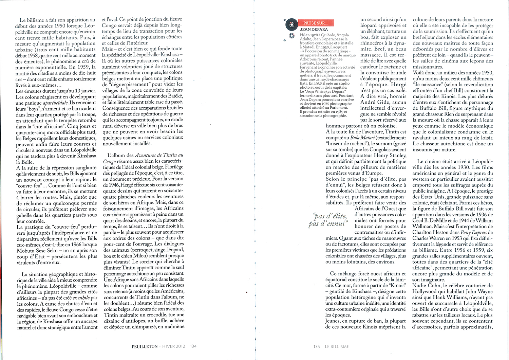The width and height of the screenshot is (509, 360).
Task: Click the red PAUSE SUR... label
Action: (315, 23)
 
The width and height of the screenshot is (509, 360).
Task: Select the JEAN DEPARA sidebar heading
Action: (314, 30)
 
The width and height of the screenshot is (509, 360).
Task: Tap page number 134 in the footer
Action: (193, 346)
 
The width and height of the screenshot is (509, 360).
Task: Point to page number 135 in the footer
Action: (317, 346)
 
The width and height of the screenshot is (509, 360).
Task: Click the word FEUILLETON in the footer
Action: (145, 346)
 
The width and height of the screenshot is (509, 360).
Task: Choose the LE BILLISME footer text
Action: (337, 346)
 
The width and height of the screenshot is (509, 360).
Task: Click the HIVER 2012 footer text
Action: (173, 346)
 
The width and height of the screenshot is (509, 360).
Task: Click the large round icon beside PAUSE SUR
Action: (291, 25)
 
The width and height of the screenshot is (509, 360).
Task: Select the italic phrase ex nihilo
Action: (81, 298)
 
